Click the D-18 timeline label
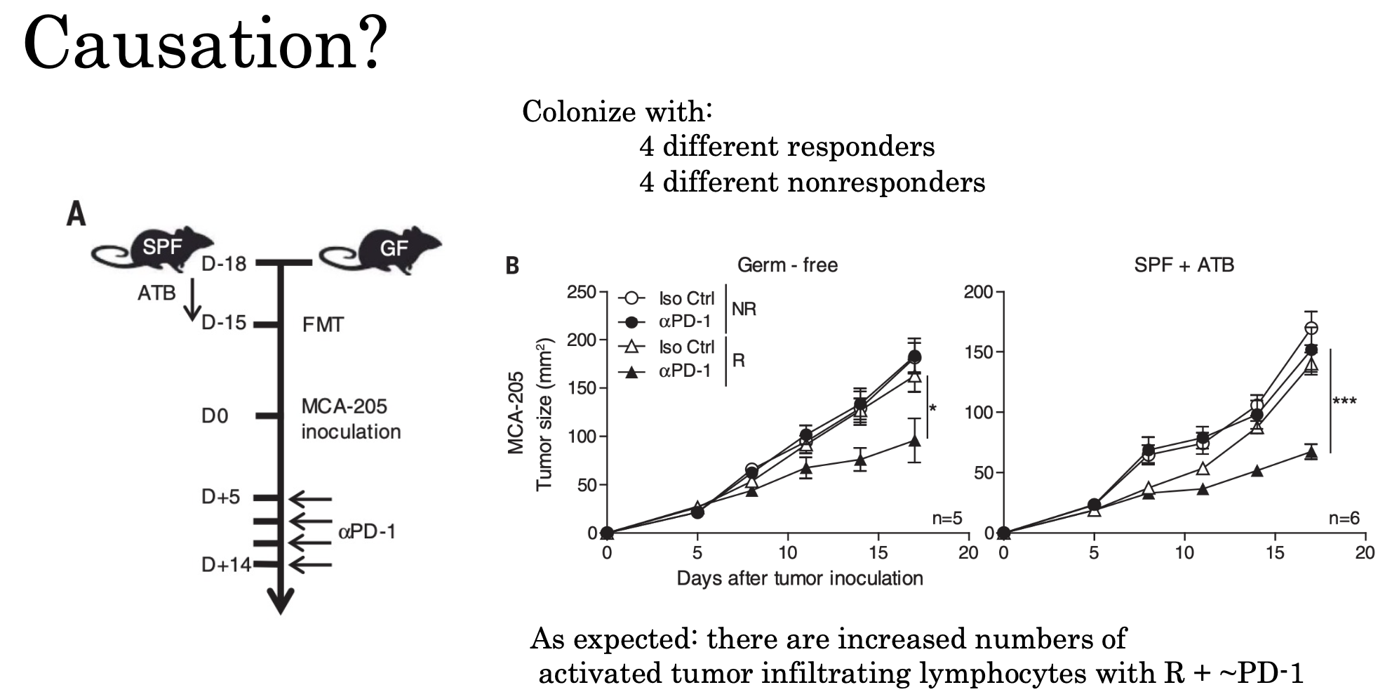224,264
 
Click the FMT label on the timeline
323,325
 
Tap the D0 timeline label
215,416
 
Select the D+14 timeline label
226,564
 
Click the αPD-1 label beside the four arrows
367,532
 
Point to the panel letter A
76,213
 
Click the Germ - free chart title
787,265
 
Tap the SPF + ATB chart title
1184,265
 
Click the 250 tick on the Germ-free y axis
581,292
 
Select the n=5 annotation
946,519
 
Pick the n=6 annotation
1344,519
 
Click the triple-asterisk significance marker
1344,401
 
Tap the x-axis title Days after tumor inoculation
799,578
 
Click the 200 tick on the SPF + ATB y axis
978,292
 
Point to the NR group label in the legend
744,309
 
